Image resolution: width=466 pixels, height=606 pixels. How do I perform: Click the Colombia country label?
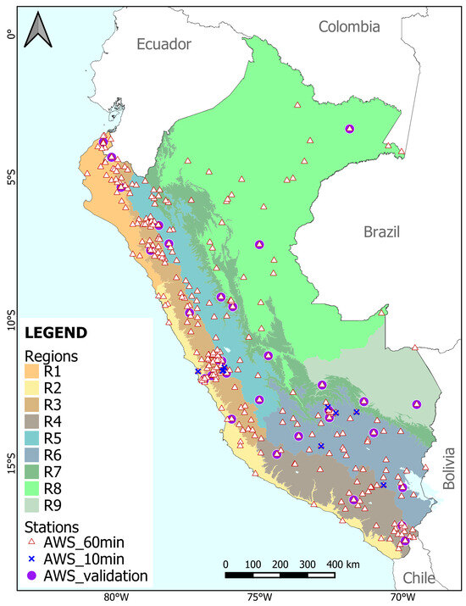pos(348,27)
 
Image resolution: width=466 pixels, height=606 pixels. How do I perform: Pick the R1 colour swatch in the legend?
pos(35,371)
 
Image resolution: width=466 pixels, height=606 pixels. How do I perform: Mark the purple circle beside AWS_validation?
pos(35,575)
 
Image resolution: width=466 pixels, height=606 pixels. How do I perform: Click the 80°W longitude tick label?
pos(117,597)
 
